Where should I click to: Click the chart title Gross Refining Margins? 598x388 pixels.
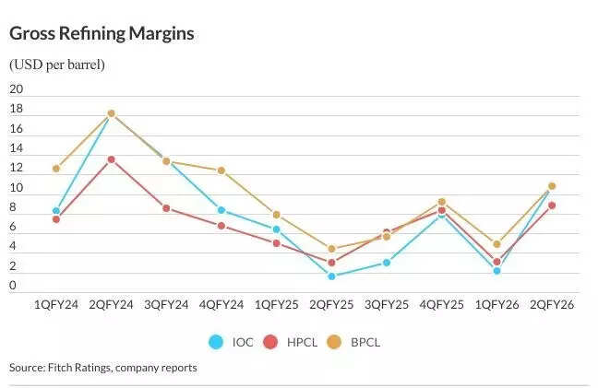(x=102, y=34)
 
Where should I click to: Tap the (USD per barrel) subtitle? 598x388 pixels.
(x=57, y=65)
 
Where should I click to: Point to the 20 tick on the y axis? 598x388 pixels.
(x=16, y=89)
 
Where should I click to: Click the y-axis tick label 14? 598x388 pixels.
(x=16, y=148)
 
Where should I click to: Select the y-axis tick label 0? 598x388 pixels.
(x=13, y=286)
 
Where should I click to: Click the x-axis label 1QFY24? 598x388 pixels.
(x=55, y=304)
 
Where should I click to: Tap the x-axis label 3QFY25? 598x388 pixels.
(x=387, y=304)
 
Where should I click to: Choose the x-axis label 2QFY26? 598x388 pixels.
(x=552, y=304)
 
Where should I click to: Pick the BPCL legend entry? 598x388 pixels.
(x=354, y=342)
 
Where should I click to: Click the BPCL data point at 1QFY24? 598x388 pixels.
(x=56, y=169)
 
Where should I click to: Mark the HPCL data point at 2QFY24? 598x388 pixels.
(x=112, y=159)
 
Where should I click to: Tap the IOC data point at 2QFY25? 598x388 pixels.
(x=331, y=276)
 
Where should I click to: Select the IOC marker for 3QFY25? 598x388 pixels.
(x=387, y=263)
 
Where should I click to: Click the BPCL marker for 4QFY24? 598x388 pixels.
(x=221, y=170)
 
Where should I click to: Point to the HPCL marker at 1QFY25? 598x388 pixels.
(x=277, y=243)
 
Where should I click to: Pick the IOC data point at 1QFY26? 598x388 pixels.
(x=496, y=271)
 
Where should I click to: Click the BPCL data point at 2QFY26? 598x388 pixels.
(x=552, y=186)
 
